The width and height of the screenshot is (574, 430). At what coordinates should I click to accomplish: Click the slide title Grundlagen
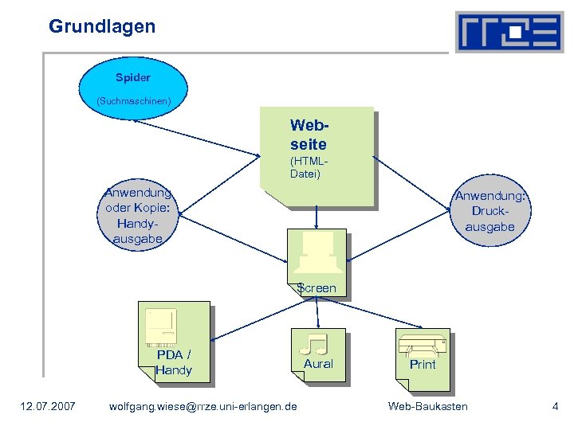[102, 26]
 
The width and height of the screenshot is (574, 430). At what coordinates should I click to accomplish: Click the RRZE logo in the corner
[509, 32]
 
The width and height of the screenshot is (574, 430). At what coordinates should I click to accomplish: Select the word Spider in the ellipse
[133, 78]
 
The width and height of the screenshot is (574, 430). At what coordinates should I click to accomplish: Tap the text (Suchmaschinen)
[133, 102]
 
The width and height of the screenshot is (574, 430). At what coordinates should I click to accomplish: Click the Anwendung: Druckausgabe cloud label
[490, 212]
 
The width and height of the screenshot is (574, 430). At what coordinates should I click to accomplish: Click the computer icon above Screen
[316, 254]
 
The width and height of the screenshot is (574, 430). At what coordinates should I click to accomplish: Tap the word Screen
[316, 287]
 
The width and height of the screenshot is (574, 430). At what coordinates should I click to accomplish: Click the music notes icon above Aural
[316, 344]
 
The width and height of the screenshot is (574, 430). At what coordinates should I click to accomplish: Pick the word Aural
[318, 364]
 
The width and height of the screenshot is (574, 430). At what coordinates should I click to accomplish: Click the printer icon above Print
[423, 346]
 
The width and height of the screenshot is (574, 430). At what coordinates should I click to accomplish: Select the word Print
[423, 365]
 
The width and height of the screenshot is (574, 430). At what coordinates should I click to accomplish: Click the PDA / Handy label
[174, 363]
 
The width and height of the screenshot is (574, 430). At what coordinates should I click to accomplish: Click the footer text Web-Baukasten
[427, 407]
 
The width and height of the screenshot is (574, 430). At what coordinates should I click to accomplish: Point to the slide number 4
[555, 407]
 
